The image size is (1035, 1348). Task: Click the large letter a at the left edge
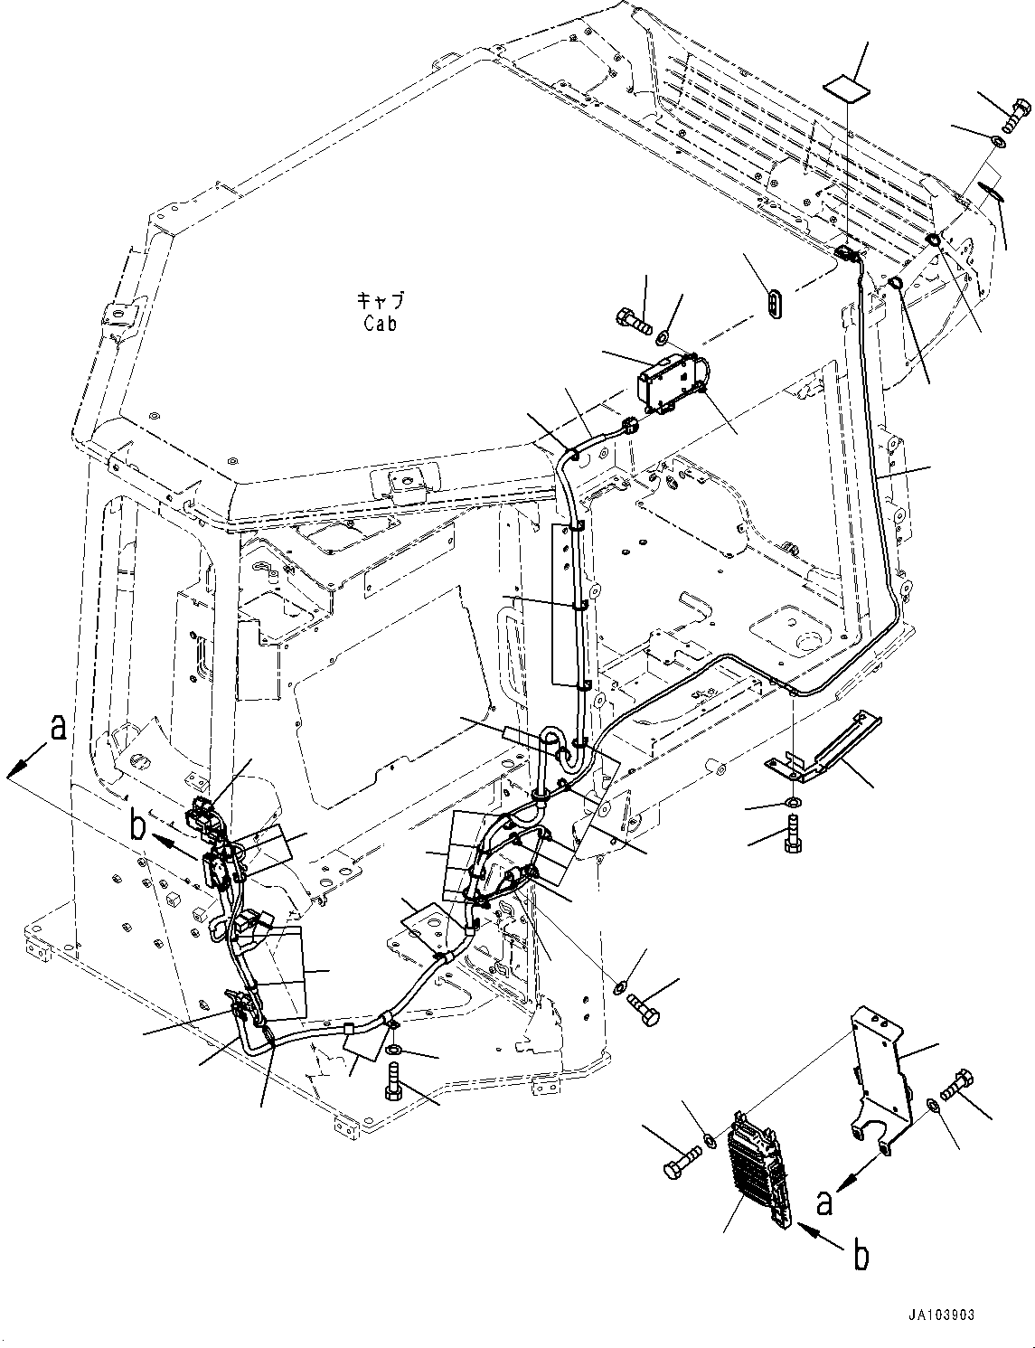tap(58, 728)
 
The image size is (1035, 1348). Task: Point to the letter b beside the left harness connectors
tap(137, 826)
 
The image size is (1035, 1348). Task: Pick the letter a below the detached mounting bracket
tap(823, 1203)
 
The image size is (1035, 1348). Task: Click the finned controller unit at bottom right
tap(756, 1166)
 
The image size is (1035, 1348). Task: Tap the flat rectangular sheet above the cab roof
tap(846, 88)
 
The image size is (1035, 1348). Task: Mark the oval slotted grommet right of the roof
tap(774, 303)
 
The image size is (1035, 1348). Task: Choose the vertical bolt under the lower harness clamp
tap(392, 1081)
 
